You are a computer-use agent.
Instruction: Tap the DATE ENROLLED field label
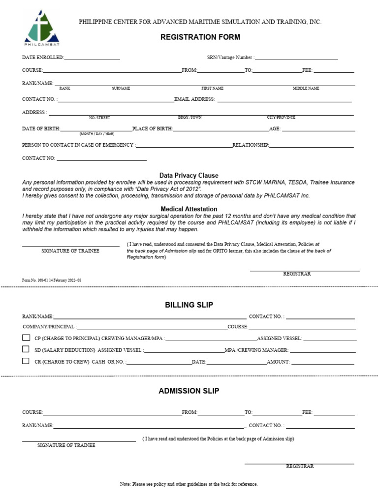(43, 58)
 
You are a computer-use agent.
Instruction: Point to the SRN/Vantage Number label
(230, 58)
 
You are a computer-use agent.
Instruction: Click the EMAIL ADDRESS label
(194, 99)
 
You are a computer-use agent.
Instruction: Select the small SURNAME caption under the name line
(121, 88)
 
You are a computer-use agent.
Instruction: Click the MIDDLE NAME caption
(306, 88)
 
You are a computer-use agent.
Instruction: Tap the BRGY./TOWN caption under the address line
(189, 118)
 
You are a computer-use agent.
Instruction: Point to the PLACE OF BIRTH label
(152, 129)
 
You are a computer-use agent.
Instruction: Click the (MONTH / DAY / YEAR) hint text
(96, 134)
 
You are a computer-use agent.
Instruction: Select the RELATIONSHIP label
(251, 145)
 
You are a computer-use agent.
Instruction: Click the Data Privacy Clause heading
(189, 175)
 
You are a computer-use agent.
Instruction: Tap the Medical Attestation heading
(189, 209)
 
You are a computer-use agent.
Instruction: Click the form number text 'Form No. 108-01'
(51, 280)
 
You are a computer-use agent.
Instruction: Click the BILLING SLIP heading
(189, 305)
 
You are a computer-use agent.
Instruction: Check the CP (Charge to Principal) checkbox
(26, 338)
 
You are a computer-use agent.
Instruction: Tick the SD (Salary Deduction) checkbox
(26, 349)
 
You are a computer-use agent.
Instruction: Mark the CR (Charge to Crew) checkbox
(26, 361)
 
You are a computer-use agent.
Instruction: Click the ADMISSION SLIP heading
(189, 391)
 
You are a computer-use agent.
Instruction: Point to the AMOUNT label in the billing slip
(278, 362)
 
